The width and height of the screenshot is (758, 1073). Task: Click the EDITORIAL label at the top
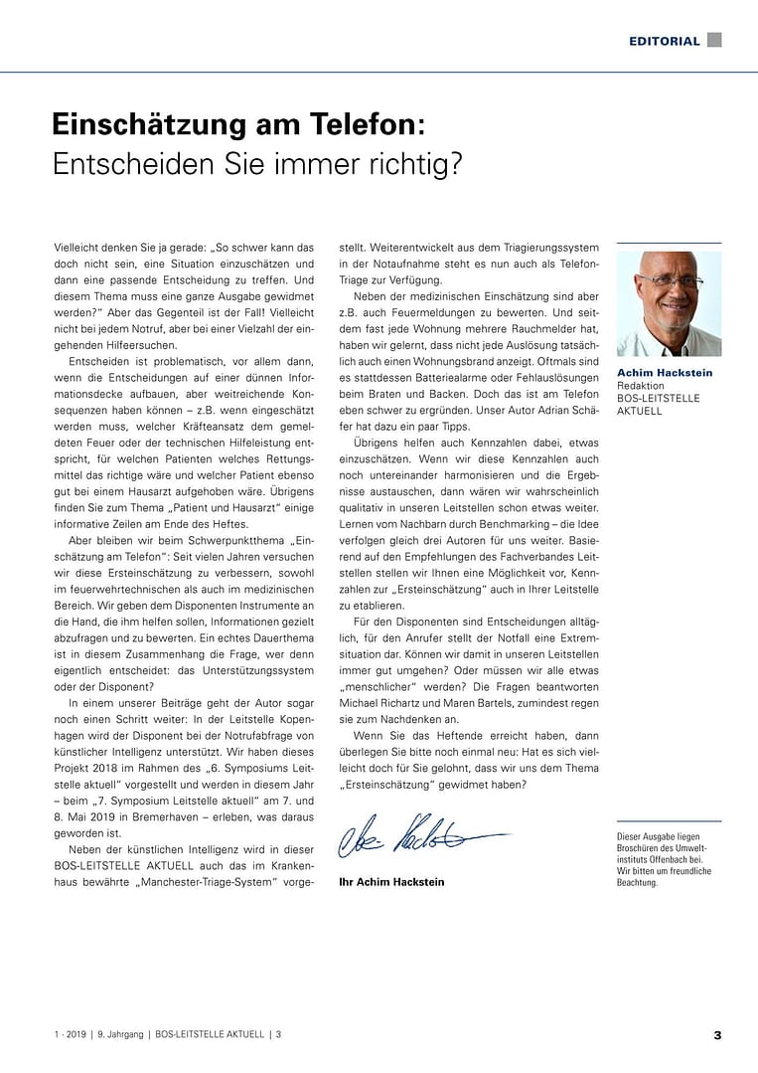click(664, 41)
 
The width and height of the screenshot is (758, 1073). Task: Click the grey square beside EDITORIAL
click(714, 40)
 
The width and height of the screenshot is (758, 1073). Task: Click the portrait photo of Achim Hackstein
click(669, 303)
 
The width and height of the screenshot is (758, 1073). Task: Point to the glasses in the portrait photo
click(672, 281)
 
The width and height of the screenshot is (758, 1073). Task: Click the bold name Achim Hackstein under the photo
click(665, 373)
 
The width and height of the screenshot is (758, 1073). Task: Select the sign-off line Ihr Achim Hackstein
click(391, 882)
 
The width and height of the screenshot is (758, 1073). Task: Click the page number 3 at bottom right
click(717, 1035)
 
